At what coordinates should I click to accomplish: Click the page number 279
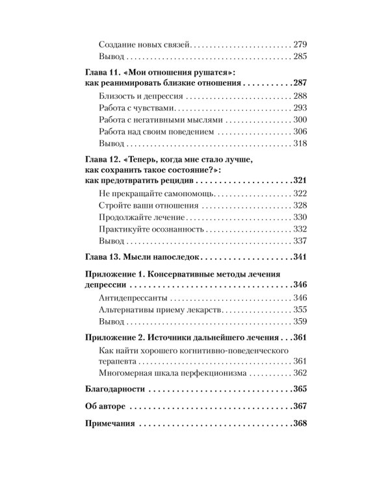click(299, 45)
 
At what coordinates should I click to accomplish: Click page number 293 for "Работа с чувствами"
click(299, 108)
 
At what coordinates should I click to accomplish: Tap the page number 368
click(299, 424)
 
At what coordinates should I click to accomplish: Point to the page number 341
click(299, 257)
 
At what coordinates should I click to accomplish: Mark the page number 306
click(299, 131)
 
